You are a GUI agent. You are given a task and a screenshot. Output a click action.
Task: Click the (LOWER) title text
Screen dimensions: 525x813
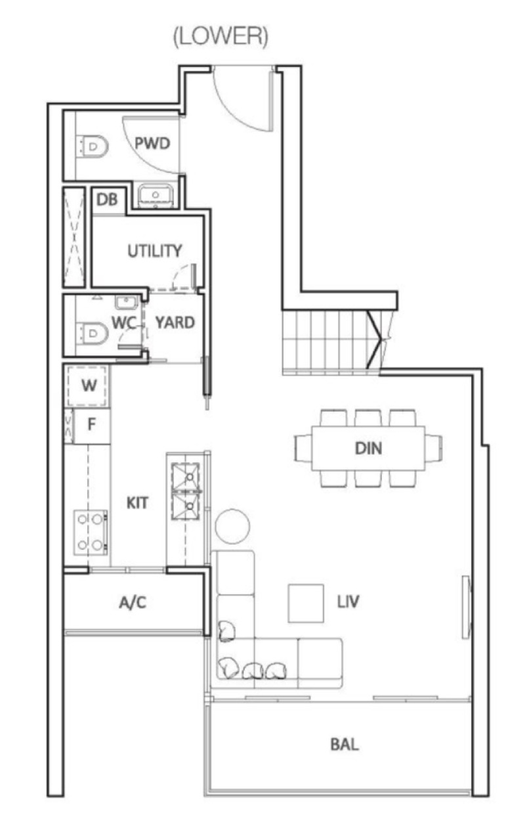click(221, 36)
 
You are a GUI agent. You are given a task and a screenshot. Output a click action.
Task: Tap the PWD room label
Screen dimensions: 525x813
click(152, 143)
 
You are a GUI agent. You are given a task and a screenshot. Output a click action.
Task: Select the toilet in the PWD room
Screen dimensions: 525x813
click(93, 146)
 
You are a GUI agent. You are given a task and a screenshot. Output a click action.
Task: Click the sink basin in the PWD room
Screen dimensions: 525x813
click(156, 196)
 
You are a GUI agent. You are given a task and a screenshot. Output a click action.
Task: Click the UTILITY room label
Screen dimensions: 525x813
click(155, 251)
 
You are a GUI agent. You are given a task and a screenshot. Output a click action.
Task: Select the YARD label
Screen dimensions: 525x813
click(175, 322)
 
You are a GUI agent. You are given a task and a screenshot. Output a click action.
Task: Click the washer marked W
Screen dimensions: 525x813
click(87, 385)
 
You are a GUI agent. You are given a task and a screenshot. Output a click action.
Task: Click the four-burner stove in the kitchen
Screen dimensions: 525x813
click(91, 532)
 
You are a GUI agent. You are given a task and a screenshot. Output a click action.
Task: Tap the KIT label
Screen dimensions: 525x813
click(137, 503)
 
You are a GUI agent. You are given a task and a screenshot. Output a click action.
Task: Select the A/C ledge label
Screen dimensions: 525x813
click(133, 602)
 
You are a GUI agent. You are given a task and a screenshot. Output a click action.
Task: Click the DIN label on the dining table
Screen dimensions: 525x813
click(368, 449)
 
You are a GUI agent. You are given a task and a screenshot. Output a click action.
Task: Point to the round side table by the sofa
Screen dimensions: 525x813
click(232, 526)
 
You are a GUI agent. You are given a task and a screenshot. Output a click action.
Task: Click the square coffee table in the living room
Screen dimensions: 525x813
click(306, 604)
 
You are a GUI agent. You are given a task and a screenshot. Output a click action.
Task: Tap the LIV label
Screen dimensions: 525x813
click(348, 602)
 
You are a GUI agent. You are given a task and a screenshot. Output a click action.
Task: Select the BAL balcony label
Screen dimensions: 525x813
click(345, 745)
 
